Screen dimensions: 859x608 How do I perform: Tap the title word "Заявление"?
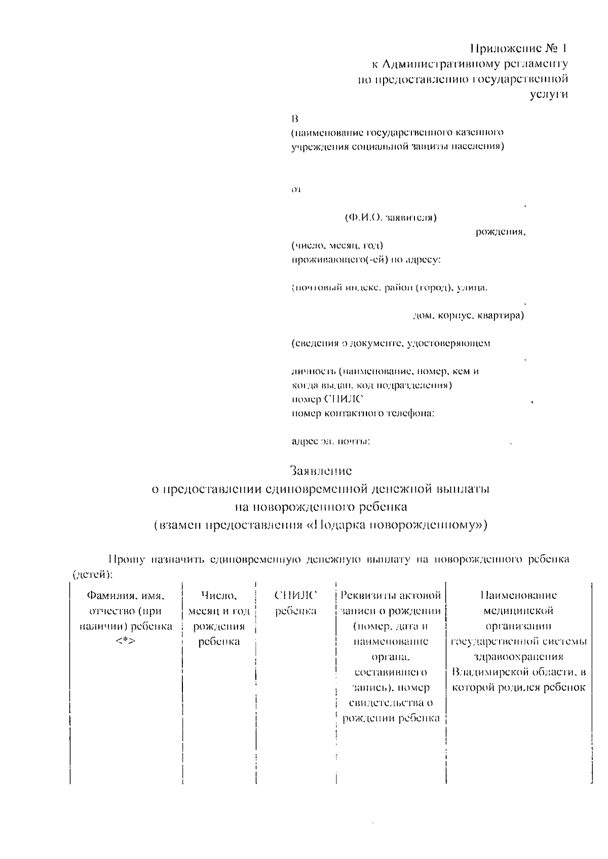[321, 471]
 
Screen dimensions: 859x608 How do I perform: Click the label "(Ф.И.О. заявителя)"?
[391, 218]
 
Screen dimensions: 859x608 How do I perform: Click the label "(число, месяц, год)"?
[337, 246]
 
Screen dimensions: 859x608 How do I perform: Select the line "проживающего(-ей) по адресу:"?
[366, 260]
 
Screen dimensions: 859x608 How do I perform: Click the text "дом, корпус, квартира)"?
[468, 315]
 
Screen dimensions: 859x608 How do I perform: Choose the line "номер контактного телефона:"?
[363, 413]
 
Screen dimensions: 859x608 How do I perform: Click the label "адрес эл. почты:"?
[331, 441]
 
